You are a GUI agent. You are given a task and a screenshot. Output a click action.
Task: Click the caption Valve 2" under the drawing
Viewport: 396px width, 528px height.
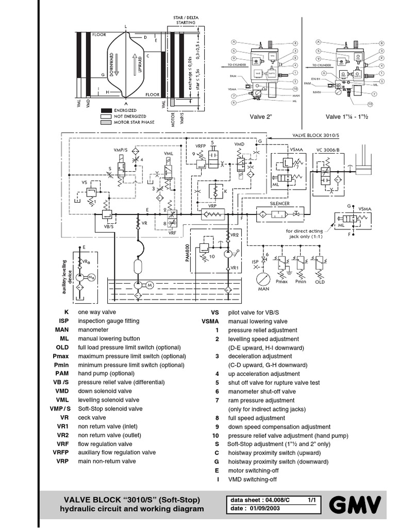pos(262,117)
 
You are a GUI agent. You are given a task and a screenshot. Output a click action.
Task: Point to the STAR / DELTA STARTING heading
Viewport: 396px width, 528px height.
pos(184,20)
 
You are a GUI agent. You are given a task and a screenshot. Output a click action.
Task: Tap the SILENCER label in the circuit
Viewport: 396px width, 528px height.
pos(279,204)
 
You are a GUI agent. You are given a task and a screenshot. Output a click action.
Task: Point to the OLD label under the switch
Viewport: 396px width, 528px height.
pos(320,282)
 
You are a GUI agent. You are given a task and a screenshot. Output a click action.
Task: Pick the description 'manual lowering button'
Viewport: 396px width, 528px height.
pos(108,339)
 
